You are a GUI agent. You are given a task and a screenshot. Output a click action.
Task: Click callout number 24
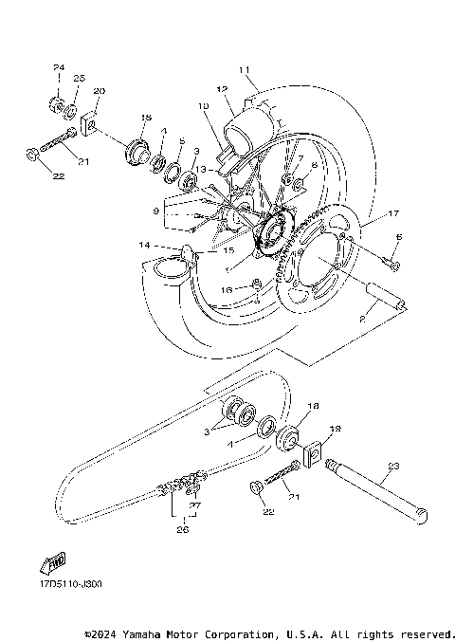58,67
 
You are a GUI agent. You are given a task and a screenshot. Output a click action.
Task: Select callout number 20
100,91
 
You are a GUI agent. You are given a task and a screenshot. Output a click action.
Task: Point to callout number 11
244,69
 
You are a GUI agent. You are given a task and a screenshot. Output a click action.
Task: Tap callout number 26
183,530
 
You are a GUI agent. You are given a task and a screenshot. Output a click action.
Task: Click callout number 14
145,245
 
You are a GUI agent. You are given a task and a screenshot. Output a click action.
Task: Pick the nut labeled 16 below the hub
256,284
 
